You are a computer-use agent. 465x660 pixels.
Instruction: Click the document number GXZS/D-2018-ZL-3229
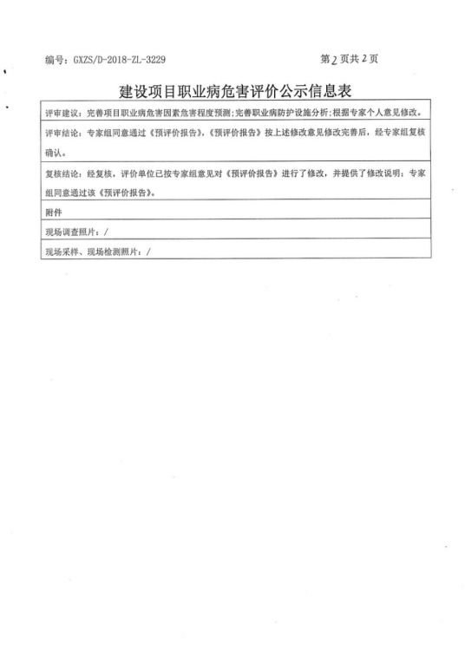click(118, 60)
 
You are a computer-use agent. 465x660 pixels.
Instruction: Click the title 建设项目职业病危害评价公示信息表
click(238, 92)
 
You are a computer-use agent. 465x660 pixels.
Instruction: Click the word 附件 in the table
click(54, 212)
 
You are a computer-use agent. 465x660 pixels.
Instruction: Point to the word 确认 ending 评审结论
click(54, 153)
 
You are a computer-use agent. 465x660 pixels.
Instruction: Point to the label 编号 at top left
click(54, 60)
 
